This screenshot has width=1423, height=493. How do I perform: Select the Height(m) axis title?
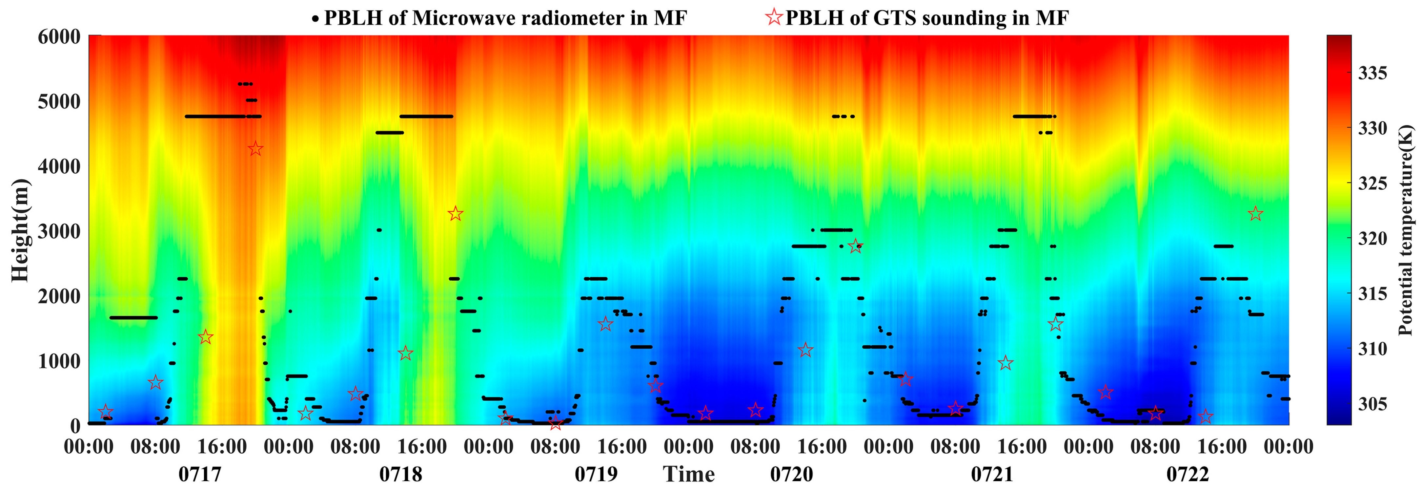pos(20,230)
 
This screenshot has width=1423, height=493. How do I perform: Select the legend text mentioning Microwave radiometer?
pos(505,18)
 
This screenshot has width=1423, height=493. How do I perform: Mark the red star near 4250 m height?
pos(255,149)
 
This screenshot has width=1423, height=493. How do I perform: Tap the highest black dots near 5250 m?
pos(245,84)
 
